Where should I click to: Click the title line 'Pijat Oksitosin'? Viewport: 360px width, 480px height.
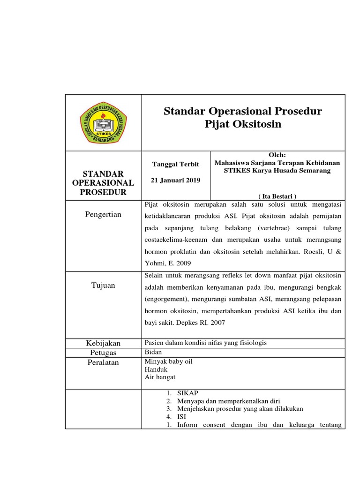pyautogui.click(x=243, y=124)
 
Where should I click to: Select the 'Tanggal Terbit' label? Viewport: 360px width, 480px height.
pyautogui.click(x=176, y=164)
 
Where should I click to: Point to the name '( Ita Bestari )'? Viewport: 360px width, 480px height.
pyautogui.click(x=278, y=196)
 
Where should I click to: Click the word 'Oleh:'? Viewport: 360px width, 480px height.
pyautogui.click(x=277, y=155)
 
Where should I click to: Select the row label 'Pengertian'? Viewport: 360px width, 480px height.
pyautogui.click(x=103, y=214)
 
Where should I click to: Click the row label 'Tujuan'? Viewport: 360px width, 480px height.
pyautogui.click(x=103, y=285)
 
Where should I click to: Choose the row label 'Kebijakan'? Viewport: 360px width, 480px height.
pyautogui.click(x=103, y=343)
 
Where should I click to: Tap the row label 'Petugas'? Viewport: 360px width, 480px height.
pyautogui.click(x=103, y=352)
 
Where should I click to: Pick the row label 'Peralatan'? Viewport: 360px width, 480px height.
pyautogui.click(x=103, y=362)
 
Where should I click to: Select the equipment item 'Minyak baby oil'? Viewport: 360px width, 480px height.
pyautogui.click(x=169, y=362)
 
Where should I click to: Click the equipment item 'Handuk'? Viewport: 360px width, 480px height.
pyautogui.click(x=157, y=369)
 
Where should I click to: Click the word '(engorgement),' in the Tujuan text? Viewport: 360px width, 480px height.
pyautogui.click(x=166, y=299)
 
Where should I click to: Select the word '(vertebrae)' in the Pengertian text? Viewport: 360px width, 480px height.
pyautogui.click(x=273, y=227)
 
